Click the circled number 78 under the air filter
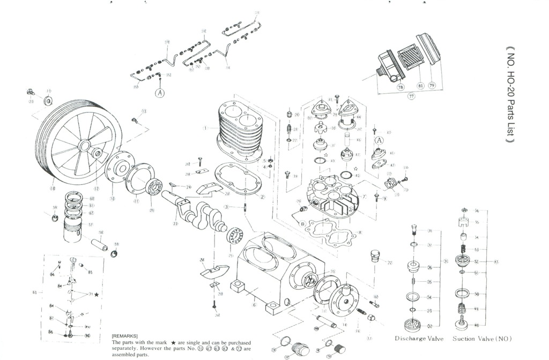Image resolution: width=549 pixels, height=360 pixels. tap(400, 87)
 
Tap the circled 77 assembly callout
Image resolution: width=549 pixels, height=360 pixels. tap(412, 97)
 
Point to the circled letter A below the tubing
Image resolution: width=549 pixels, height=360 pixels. tap(159, 92)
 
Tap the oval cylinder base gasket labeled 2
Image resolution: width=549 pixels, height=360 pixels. tap(235, 180)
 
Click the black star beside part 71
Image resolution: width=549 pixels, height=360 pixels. tap(97, 295)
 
